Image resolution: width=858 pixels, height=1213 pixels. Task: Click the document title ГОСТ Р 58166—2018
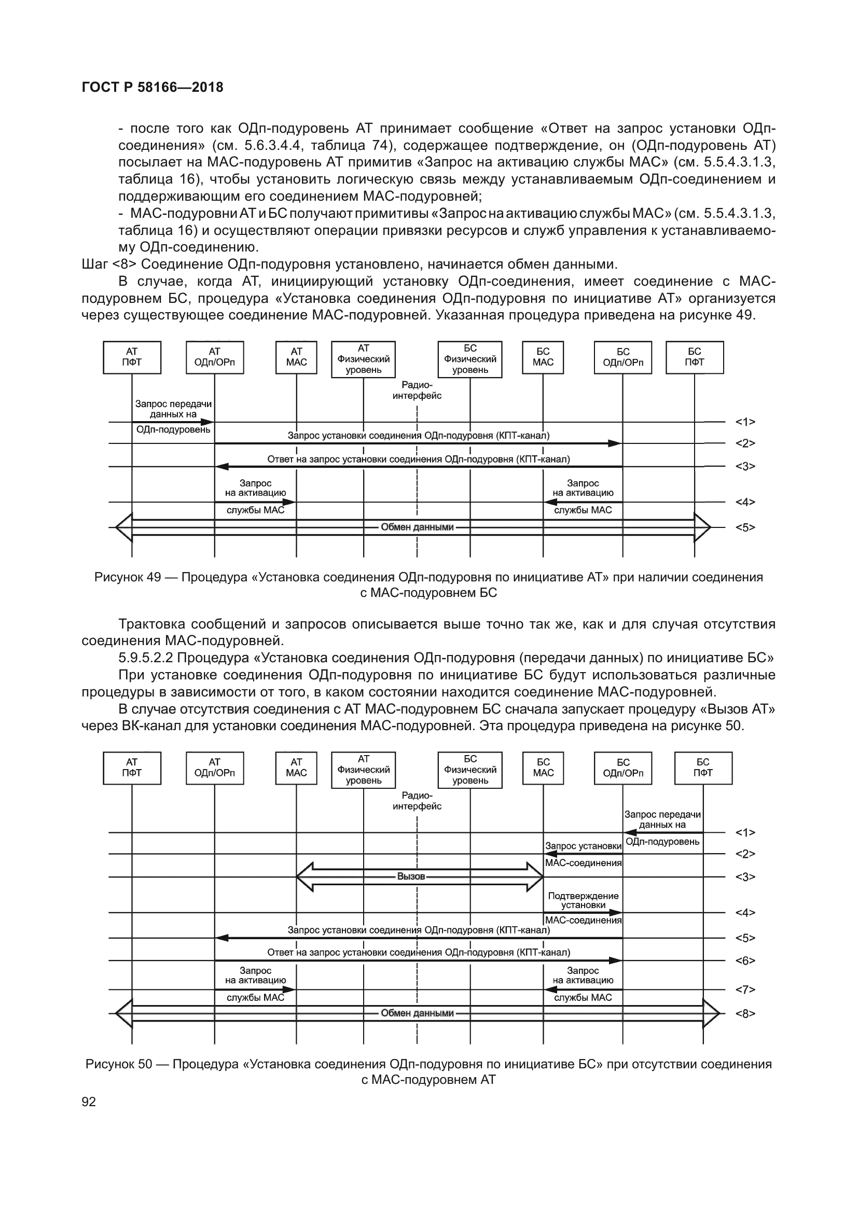[153, 88]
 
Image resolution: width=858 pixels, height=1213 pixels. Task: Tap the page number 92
[89, 1102]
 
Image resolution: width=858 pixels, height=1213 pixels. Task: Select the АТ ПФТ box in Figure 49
[132, 357]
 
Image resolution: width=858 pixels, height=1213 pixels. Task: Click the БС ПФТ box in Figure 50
[703, 768]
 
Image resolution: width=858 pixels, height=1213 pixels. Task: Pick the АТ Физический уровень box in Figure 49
[363, 359]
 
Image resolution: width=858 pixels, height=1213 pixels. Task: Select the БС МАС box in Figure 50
[543, 768]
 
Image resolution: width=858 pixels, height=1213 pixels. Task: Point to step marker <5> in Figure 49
[745, 527]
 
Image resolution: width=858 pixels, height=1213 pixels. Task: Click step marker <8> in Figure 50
[745, 1013]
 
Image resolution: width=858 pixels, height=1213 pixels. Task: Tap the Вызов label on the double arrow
[410, 876]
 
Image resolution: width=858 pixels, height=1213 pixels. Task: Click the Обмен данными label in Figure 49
[417, 527]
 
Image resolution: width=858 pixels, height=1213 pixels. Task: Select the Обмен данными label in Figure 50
[417, 1013]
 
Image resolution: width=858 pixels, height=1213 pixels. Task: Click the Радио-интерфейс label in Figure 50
[417, 801]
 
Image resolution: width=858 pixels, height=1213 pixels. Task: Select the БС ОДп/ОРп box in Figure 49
[622, 357]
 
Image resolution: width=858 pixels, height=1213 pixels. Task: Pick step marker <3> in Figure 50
[745, 877]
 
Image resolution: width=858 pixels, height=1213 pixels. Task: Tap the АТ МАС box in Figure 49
[296, 357]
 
